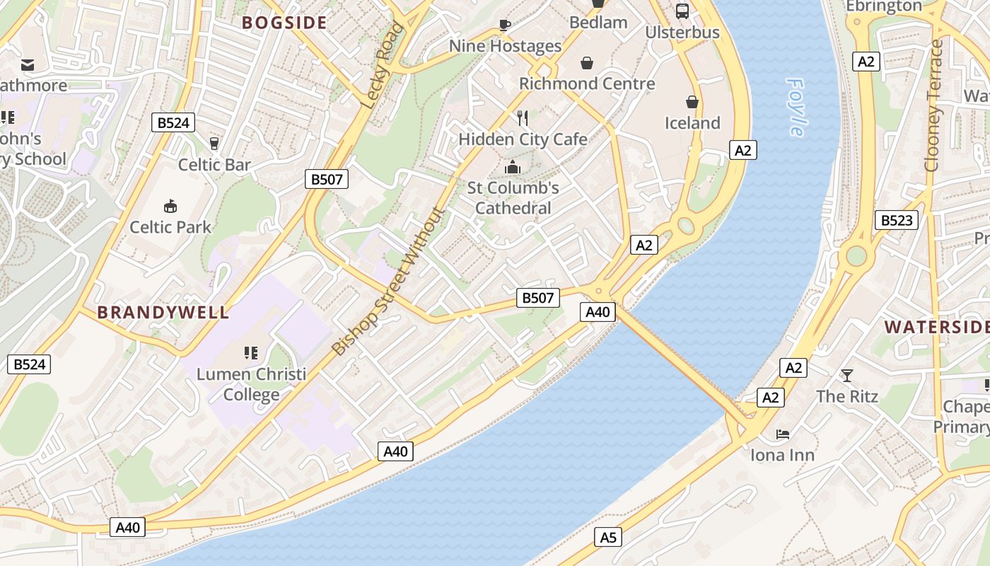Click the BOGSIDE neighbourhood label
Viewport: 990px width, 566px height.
click(284, 23)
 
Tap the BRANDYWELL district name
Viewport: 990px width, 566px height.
click(163, 312)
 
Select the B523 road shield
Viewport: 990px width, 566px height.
click(896, 221)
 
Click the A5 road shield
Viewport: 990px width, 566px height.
click(608, 538)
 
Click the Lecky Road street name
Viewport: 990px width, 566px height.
click(382, 66)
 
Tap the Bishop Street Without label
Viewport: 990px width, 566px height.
click(389, 282)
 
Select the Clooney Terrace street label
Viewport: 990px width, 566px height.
click(934, 105)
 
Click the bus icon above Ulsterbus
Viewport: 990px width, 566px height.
click(682, 11)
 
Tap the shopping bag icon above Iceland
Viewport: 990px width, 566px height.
click(692, 103)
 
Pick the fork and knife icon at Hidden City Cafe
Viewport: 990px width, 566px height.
click(523, 117)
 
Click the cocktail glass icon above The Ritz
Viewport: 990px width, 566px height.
click(847, 375)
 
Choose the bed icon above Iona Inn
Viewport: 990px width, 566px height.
click(783, 434)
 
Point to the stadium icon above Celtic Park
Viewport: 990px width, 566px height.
click(170, 207)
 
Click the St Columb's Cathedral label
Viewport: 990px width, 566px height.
click(513, 198)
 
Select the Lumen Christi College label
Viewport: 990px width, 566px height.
click(251, 384)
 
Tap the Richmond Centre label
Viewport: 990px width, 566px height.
click(587, 83)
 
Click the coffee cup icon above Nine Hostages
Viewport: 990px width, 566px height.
click(505, 25)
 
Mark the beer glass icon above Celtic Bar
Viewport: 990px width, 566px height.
click(214, 144)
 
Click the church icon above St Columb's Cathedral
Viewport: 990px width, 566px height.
click(513, 167)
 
